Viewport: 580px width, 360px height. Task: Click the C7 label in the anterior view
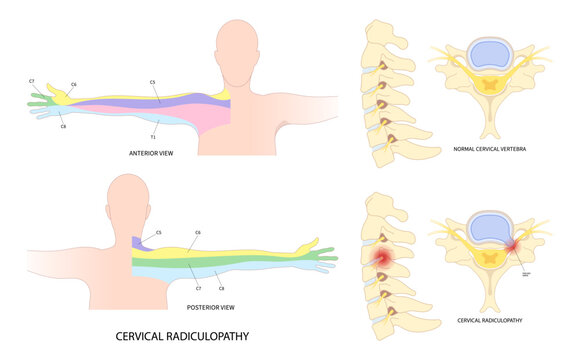(31, 80)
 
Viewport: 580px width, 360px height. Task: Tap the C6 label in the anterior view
(74, 85)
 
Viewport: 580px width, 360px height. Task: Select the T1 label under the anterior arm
(153, 136)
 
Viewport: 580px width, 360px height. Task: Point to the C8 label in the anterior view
(63, 127)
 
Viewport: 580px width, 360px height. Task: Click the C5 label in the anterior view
(153, 81)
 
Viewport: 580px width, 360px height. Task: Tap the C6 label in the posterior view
(198, 232)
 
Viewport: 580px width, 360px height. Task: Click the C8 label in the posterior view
(221, 287)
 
